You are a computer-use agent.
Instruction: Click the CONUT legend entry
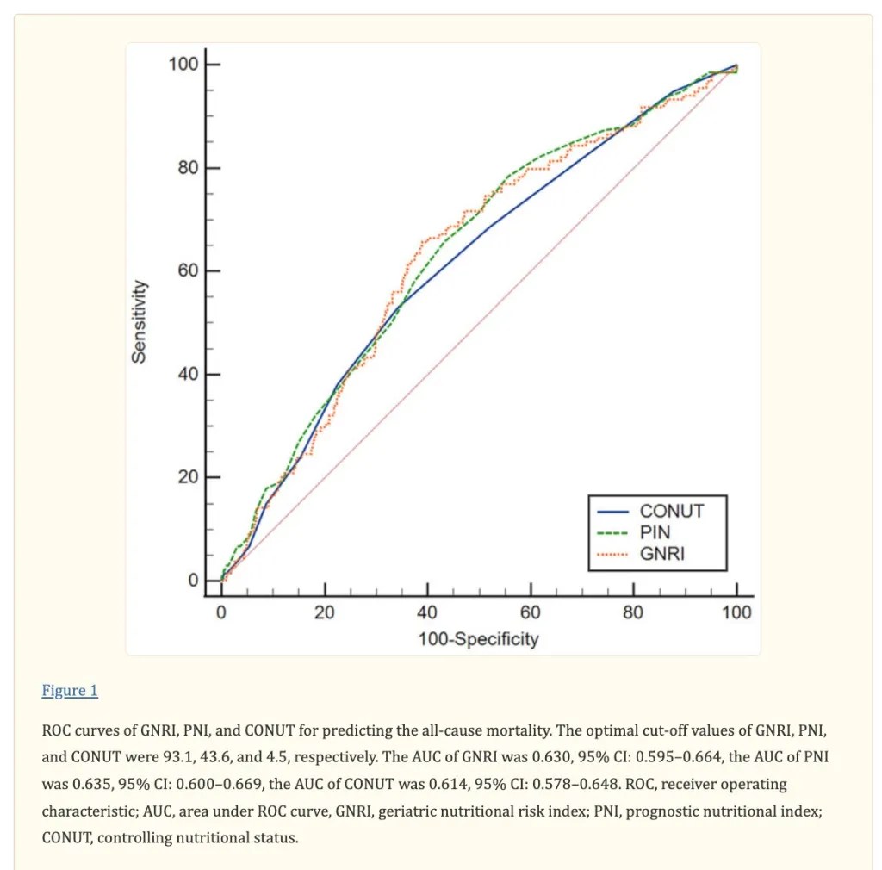pos(671,511)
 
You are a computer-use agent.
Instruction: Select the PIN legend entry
pos(655,532)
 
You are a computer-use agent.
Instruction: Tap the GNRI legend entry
pos(662,554)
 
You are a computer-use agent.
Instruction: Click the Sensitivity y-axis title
pos(139,321)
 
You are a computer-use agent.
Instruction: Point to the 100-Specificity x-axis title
pos(478,638)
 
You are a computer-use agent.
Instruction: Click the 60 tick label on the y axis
pos(188,271)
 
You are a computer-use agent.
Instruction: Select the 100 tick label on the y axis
pos(183,65)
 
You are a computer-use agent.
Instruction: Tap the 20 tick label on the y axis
pos(188,478)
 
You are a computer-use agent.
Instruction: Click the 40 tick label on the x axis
pos(427,612)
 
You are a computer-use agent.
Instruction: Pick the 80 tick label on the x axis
pos(633,612)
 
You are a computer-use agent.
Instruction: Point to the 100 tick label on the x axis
pos(736,612)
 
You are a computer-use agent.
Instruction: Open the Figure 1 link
pos(70,691)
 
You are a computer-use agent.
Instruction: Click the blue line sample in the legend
pos(612,511)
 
